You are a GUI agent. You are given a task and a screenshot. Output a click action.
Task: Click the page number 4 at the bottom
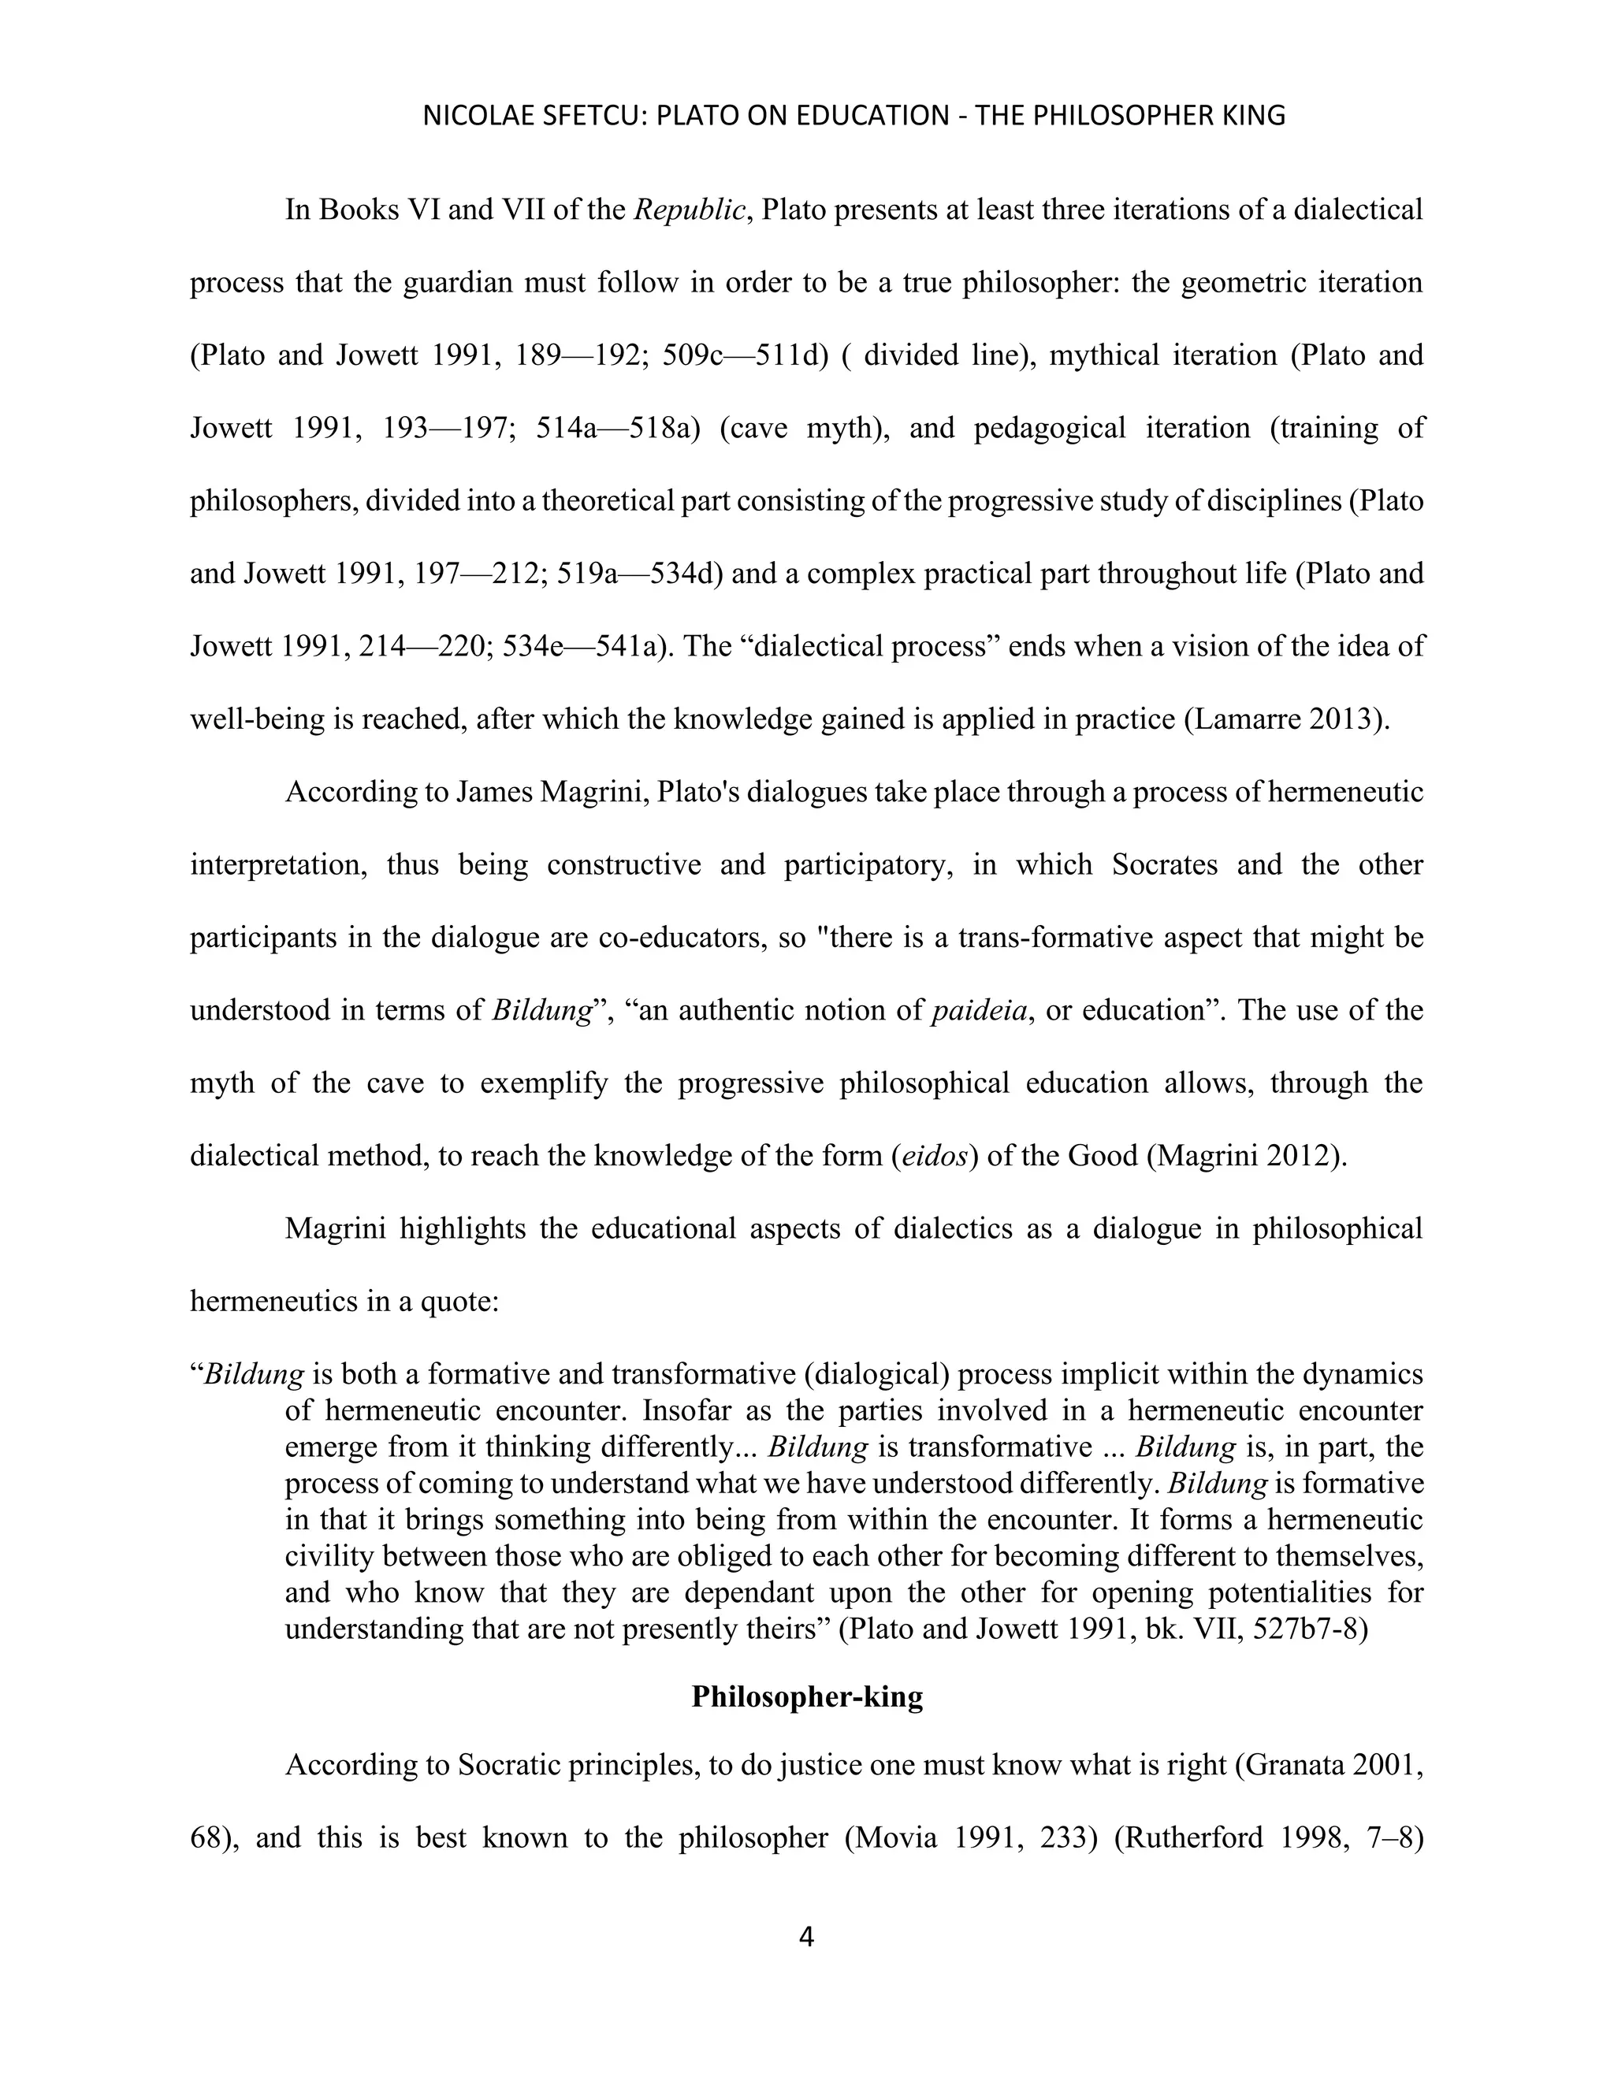coord(806,1938)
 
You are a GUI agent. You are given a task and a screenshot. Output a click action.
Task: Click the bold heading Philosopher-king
coord(807,1696)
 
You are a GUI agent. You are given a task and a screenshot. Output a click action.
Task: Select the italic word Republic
coord(689,210)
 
